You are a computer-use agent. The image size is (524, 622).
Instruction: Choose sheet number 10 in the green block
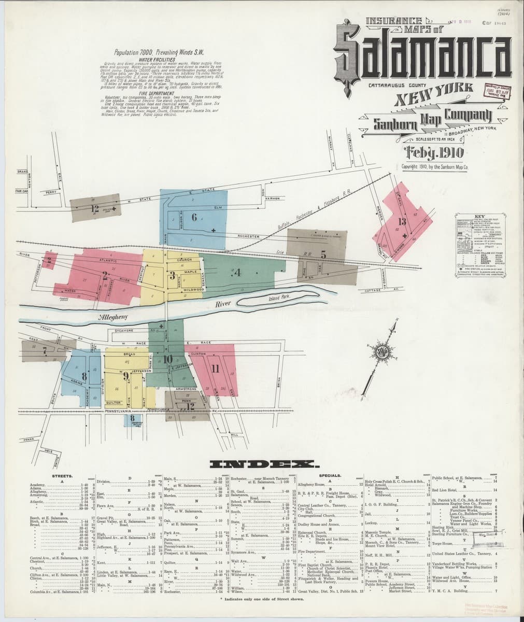tap(168, 359)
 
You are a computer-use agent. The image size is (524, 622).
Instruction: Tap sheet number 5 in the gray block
tap(323, 254)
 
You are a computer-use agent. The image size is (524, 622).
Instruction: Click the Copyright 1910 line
tap(435, 167)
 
